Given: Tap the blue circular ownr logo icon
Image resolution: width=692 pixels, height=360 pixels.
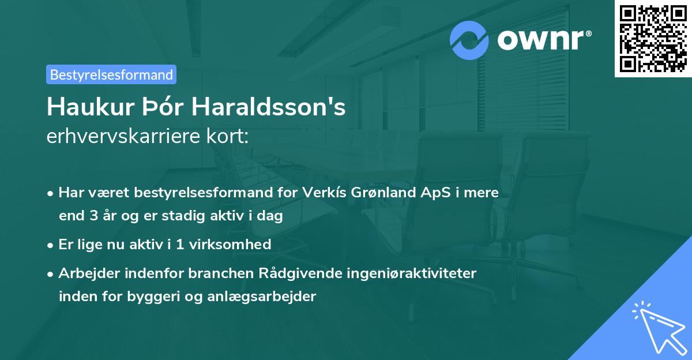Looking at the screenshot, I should click(x=470, y=40).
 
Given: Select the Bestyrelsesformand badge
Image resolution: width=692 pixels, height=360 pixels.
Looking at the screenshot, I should click(x=111, y=74).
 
